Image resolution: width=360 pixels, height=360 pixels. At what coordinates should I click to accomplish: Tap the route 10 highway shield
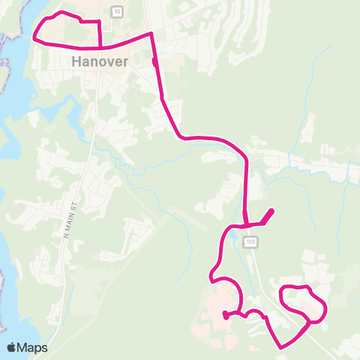click(x=117, y=11)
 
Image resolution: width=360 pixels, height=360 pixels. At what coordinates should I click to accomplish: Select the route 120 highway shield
click(x=250, y=241)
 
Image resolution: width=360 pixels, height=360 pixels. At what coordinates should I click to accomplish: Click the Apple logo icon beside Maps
click(x=12, y=347)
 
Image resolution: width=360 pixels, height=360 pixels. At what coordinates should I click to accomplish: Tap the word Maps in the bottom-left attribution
click(x=33, y=347)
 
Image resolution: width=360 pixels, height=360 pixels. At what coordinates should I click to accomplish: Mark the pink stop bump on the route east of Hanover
click(x=154, y=62)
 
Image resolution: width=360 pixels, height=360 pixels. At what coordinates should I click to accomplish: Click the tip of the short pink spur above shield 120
click(x=271, y=211)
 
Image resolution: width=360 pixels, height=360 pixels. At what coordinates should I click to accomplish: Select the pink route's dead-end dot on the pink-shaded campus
click(x=226, y=316)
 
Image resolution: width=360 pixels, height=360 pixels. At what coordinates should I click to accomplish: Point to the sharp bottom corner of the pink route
click(x=280, y=347)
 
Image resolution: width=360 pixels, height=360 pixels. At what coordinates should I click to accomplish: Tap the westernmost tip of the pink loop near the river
click(x=35, y=34)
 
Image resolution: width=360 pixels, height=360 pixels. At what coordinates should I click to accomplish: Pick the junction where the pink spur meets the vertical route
click(x=247, y=223)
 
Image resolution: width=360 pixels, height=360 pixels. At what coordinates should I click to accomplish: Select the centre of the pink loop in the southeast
click(x=303, y=304)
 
